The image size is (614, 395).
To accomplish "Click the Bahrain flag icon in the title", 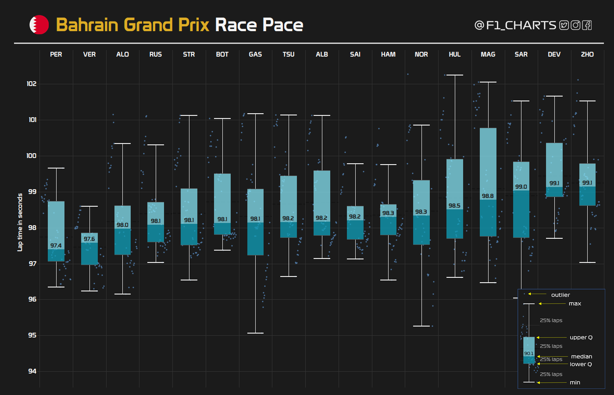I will tap(39, 25).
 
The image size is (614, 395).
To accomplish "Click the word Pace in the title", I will tap(283, 25).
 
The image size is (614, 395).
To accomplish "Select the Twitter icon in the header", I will tap(564, 25).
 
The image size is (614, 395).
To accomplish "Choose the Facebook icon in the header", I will tap(587, 25).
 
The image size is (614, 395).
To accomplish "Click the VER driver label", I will tap(89, 54).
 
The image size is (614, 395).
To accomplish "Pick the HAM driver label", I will tap(388, 54).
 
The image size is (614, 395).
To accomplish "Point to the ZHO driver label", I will tap(587, 54).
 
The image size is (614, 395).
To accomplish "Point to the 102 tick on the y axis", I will tap(32, 84).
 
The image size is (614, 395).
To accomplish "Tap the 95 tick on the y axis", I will tap(32, 335).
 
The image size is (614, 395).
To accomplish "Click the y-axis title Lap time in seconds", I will tap(20, 222).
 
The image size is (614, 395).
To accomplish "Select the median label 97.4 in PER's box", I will tap(56, 246).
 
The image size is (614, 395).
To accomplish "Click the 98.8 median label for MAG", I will tap(488, 196).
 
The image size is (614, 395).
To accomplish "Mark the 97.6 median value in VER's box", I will tap(89, 239).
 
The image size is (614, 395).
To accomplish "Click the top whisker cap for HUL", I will tap(455, 75).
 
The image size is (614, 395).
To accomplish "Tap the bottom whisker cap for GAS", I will tap(255, 333).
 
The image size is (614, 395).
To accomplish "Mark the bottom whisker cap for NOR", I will tap(421, 326).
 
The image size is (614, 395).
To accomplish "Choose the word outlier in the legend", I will tap(560, 295).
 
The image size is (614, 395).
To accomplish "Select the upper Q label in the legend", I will tap(581, 338).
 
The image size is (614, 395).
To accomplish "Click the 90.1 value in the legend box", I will tap(529, 354).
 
